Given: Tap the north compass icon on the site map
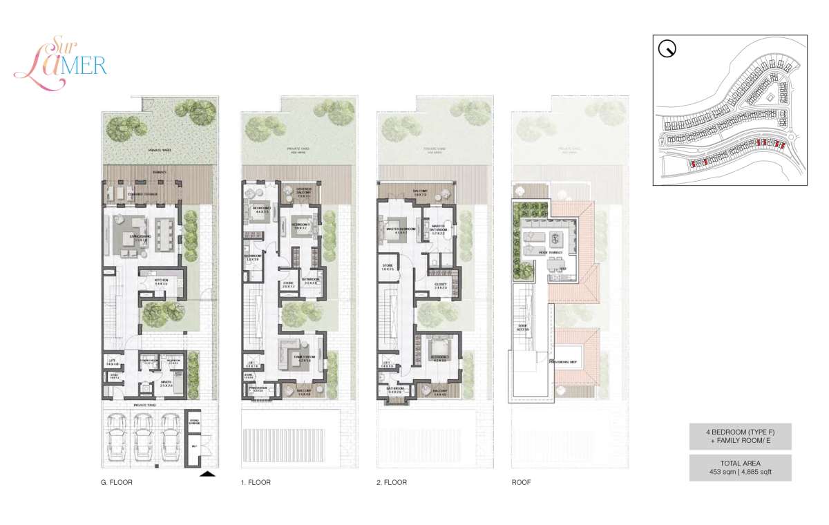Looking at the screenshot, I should [x=667, y=49].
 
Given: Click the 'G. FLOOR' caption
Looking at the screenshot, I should [x=116, y=483].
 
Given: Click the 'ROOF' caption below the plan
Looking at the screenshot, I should [x=522, y=483].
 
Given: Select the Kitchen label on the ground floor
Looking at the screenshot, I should [x=161, y=280].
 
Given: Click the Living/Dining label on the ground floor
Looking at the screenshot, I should [x=135, y=239].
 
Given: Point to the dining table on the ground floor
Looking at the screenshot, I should [x=165, y=235].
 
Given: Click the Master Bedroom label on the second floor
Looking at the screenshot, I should [x=400, y=229].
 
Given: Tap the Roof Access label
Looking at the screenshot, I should [x=522, y=328].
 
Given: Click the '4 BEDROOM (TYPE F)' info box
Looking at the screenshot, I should [x=739, y=436].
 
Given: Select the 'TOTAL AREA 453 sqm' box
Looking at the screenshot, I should [x=739, y=468].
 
